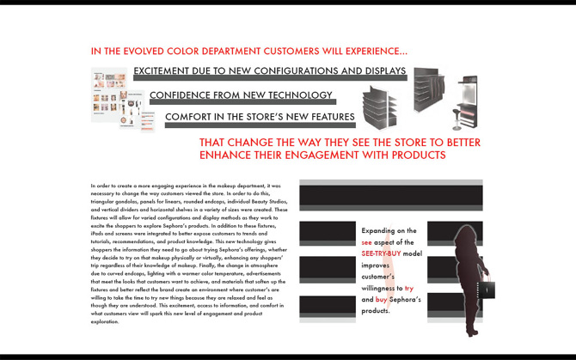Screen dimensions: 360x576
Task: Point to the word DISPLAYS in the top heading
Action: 379,71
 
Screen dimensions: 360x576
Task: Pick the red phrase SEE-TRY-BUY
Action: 381,254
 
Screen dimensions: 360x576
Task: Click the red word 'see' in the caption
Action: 367,243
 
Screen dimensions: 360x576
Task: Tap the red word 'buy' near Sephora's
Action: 381,300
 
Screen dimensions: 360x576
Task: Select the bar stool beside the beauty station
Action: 457,117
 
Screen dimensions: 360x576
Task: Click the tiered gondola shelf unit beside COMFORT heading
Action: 379,108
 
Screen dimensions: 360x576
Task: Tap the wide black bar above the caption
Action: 390,195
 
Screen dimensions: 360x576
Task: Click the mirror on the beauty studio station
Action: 469,89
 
